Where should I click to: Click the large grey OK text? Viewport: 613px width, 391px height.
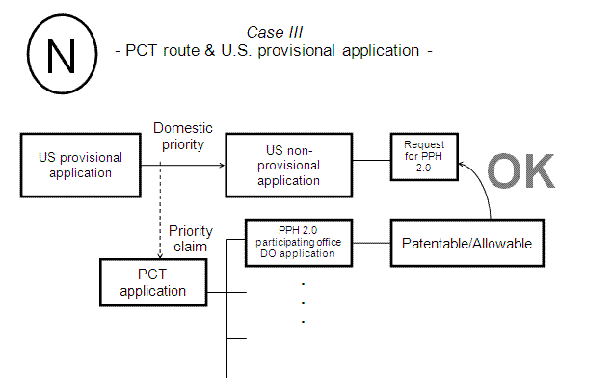(x=521, y=169)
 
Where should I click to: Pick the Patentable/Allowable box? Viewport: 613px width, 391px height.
(x=466, y=243)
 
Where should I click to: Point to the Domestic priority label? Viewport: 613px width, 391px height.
(x=183, y=135)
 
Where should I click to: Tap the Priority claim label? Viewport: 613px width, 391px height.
(x=190, y=238)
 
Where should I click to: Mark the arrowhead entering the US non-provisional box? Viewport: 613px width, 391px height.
(x=221, y=165)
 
